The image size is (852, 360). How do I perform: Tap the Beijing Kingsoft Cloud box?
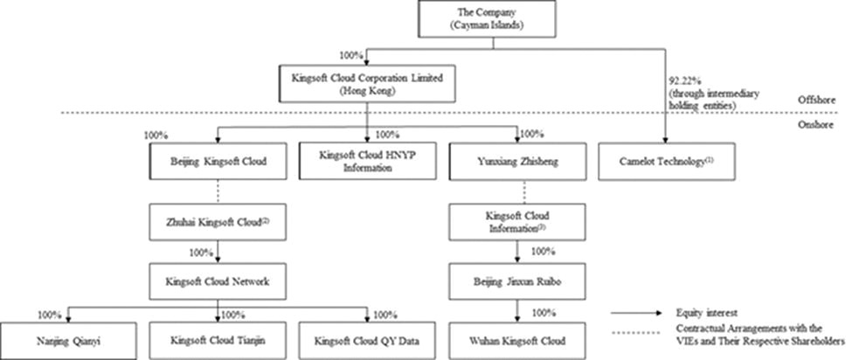click(217, 161)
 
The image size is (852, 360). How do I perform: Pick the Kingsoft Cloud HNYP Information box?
click(368, 161)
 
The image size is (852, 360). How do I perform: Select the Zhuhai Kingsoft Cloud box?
click(217, 222)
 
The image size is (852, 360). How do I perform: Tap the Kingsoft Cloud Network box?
click(217, 282)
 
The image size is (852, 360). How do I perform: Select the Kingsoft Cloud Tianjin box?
click(217, 340)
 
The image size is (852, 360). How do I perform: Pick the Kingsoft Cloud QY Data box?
click(368, 340)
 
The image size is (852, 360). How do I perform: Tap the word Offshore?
click(826, 100)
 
